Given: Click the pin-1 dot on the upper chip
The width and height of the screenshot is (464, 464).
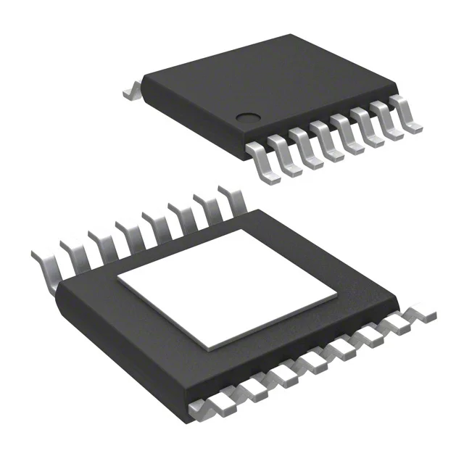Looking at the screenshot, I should point(249,116).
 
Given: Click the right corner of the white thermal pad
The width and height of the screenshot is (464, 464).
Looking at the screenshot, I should point(337,297).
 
